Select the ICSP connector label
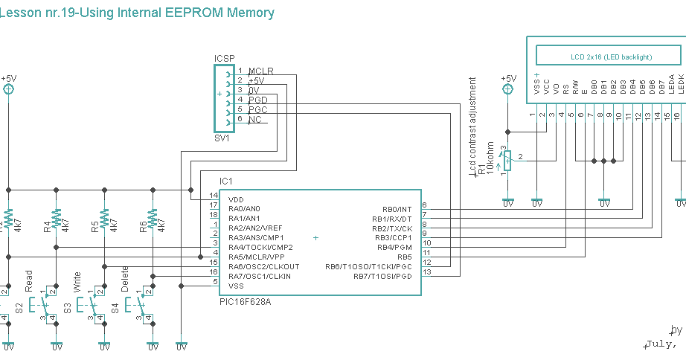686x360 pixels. point(225,59)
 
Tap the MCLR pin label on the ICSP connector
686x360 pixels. point(261,71)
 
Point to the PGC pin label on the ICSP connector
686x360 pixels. point(258,109)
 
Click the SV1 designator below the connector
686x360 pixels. point(222,138)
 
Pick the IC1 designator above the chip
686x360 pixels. point(226,181)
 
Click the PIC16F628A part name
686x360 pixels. point(245,302)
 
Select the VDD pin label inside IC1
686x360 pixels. point(236,199)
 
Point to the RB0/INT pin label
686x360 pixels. point(397,209)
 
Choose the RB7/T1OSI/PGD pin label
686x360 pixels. point(382,277)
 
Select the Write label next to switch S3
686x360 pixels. point(77,280)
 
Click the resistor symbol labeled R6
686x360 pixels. point(152,219)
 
